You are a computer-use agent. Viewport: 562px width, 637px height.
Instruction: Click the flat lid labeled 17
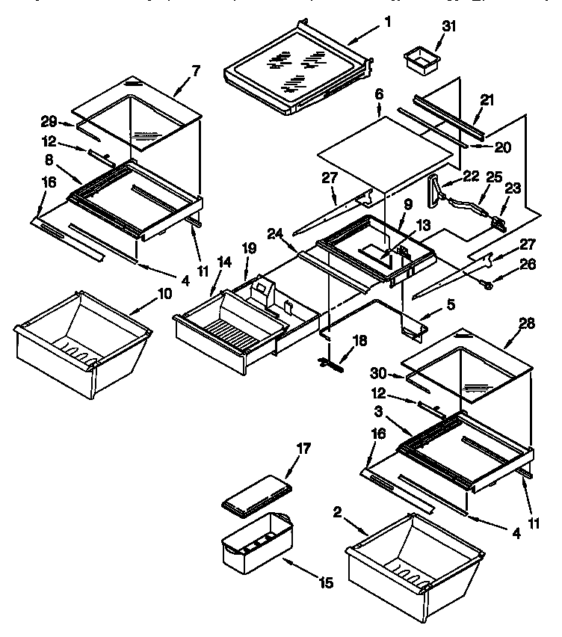coord(256,496)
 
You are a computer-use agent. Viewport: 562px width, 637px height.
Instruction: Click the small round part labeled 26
coord(485,283)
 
